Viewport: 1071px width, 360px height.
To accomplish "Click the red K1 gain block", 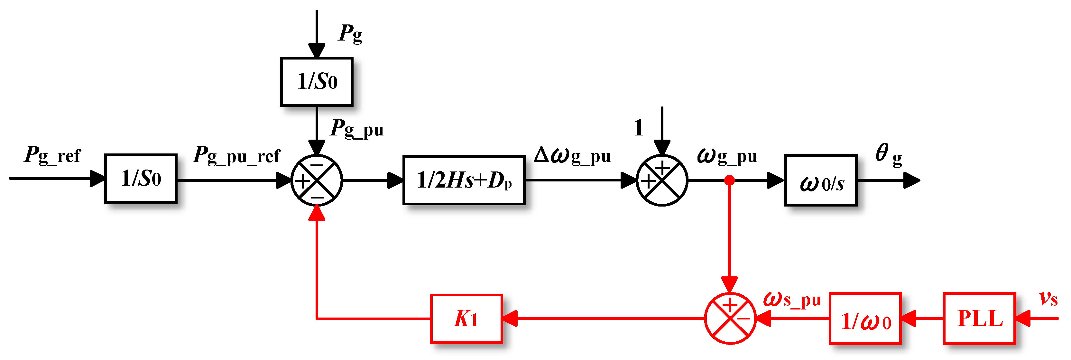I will [466, 319].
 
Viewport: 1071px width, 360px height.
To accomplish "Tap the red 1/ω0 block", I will [865, 319].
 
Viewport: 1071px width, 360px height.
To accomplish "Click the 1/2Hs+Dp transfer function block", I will [464, 180].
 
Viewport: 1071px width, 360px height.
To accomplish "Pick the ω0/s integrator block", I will [821, 180].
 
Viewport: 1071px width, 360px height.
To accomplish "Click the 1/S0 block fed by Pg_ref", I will [141, 178].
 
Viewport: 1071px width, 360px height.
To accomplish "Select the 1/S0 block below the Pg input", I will [317, 81].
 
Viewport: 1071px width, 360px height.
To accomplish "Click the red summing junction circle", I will [730, 318].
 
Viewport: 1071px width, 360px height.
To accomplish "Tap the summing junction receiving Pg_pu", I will [317, 180].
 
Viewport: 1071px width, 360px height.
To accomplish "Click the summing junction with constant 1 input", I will [662, 180].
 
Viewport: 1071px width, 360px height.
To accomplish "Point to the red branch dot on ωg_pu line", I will [730, 180].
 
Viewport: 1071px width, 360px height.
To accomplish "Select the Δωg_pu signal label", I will [572, 155].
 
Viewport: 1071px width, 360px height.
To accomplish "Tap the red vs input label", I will [1048, 299].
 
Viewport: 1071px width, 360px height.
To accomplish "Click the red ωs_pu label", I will [792, 299].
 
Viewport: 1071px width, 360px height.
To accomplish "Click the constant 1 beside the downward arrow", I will [639, 128].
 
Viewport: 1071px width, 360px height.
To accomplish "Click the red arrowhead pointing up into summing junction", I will [317, 213].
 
